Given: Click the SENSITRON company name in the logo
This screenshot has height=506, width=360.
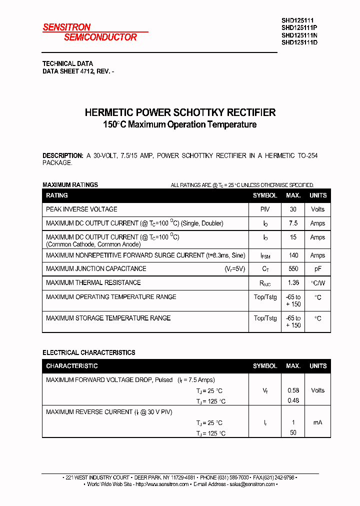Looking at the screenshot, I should click(x=66, y=27).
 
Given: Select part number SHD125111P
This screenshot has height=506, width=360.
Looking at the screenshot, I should click(x=299, y=28).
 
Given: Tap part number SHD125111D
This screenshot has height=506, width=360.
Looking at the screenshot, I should click(x=299, y=42).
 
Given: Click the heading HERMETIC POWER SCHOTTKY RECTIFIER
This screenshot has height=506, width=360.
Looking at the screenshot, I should click(x=180, y=112).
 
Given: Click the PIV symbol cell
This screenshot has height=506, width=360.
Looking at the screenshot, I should click(x=265, y=209).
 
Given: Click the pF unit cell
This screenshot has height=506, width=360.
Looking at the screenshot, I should click(x=317, y=269).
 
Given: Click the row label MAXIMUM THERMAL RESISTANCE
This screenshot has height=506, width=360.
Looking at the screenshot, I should click(x=93, y=283).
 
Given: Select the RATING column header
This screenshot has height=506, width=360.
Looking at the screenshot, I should click(x=57, y=195).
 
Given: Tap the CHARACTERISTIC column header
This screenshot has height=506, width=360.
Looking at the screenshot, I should click(x=72, y=366).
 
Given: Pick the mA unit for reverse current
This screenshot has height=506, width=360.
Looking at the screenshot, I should click(x=317, y=422).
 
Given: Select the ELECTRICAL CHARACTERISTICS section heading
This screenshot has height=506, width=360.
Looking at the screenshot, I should click(x=88, y=352).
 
